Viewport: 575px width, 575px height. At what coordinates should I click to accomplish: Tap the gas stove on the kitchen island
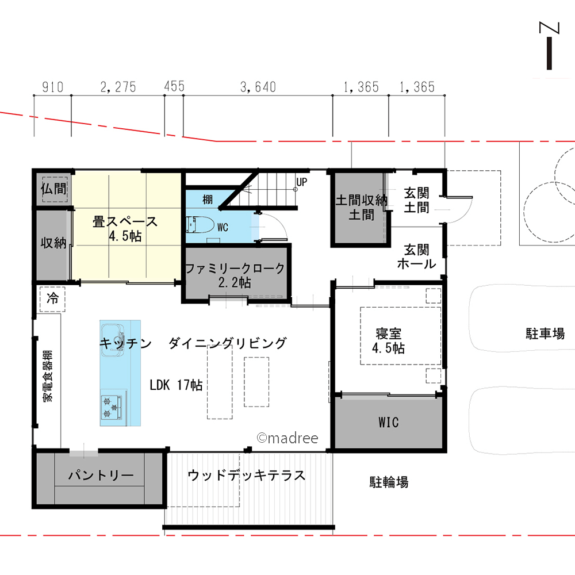tap(112, 407)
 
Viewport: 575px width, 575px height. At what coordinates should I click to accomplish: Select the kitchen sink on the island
tap(113, 334)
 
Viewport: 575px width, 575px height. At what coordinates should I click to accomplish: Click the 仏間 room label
tap(53, 188)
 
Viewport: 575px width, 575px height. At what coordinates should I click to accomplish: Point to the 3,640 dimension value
tap(258, 87)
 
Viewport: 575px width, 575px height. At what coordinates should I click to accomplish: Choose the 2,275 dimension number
tap(118, 87)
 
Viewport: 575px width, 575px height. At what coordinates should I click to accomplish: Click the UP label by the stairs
tap(301, 183)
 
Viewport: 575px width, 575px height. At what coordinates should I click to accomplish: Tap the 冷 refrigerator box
tap(53, 298)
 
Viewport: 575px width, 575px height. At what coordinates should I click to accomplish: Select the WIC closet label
tap(388, 423)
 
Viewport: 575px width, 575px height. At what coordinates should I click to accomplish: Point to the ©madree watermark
tap(287, 438)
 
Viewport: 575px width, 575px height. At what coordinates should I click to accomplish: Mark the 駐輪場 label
tap(389, 482)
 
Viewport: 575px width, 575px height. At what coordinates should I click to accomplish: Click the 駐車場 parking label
tap(545, 333)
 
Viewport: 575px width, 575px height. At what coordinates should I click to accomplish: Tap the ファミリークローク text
tap(235, 268)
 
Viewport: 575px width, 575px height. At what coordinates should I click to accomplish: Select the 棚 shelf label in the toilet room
tap(208, 199)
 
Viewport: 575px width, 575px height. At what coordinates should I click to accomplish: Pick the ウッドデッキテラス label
tap(246, 476)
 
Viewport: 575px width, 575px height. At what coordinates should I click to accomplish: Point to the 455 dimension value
tap(174, 87)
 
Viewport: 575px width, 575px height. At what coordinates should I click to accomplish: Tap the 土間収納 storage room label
tap(361, 201)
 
